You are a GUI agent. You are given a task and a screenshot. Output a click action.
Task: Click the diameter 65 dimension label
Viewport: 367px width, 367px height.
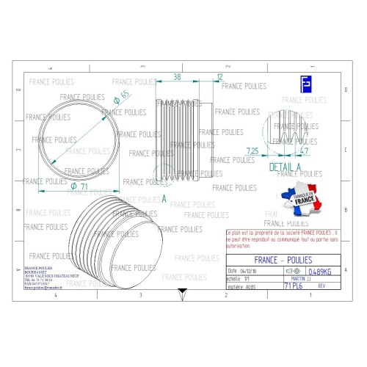121,95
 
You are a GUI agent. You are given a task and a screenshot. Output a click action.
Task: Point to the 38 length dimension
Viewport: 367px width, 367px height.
176,76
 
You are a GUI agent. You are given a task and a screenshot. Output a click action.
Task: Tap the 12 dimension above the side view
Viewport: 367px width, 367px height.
220,76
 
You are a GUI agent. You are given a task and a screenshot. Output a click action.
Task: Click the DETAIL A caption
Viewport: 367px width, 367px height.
286,167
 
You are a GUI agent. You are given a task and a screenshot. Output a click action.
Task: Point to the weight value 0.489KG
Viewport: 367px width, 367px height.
324,271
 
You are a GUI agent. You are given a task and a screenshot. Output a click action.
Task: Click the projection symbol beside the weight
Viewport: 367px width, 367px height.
297,271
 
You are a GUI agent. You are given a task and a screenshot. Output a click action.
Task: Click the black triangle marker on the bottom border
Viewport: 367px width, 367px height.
181,291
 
